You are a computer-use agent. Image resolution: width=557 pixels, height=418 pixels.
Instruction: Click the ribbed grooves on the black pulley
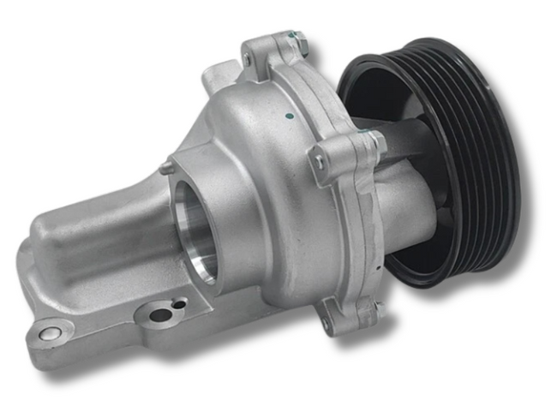coord(480,154)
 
